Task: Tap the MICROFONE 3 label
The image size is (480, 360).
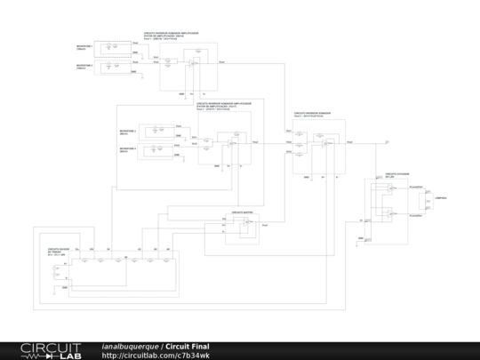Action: click(x=128, y=132)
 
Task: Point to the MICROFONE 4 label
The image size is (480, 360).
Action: click(x=128, y=149)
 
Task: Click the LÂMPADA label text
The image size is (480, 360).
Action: click(x=440, y=197)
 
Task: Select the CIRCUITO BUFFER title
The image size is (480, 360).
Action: click(x=243, y=213)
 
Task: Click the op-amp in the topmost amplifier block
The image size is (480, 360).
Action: click(x=192, y=64)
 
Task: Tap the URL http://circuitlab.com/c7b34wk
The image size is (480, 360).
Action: click(x=156, y=355)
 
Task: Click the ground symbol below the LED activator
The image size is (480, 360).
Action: click(x=362, y=239)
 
